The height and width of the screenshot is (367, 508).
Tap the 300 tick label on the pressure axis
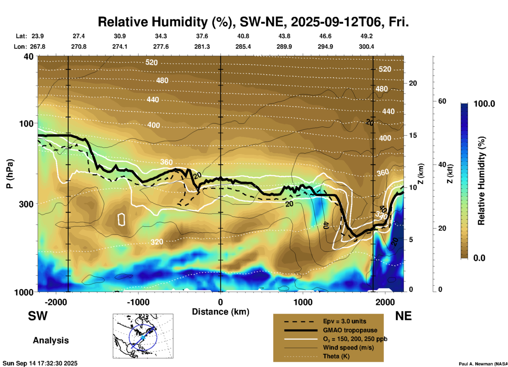(26, 204)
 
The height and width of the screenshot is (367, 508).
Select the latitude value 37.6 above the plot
(202, 36)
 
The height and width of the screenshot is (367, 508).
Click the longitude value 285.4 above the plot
(243, 47)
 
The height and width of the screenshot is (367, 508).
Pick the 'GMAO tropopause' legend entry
(350, 330)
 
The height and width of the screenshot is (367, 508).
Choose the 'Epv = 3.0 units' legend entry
(344, 321)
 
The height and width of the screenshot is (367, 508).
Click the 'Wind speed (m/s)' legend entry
(348, 348)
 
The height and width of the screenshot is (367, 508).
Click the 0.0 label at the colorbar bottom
(479, 258)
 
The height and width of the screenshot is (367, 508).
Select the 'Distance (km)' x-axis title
(221, 312)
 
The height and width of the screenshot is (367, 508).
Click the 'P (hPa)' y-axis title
(10, 174)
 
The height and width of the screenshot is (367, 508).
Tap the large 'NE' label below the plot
(403, 316)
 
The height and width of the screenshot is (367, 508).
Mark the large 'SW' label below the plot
(38, 316)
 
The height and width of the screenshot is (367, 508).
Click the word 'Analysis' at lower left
(51, 340)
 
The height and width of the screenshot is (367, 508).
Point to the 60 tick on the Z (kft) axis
(442, 101)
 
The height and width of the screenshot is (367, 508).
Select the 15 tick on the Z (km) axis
(413, 135)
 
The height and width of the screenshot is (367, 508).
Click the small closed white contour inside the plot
(121, 219)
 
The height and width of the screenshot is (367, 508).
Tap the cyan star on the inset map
(143, 337)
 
